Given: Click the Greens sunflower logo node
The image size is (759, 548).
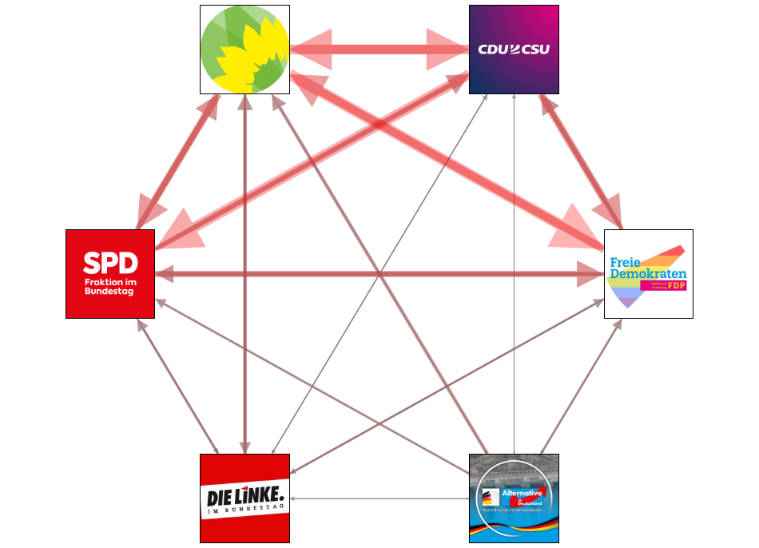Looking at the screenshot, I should pos(244,50).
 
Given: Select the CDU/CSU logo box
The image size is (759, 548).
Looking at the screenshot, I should pos(514,50).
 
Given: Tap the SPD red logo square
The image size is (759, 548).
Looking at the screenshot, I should pos(110,274).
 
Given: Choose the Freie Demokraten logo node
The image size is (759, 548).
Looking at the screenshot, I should pos(648,274).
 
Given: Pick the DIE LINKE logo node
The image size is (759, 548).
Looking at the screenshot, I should pos(244,498).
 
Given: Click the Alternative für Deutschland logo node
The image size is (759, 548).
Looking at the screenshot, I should pos(514,498).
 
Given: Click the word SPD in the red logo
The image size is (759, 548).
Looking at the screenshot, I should pos(110,263).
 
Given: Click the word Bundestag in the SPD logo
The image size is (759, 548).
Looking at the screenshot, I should pos(109,292).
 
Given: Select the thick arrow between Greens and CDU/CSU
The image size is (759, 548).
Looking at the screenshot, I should pos(379,50).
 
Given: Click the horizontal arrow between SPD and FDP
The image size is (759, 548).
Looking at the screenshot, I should pos(379,274).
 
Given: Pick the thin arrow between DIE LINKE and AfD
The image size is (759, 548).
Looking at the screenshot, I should pos(379,498).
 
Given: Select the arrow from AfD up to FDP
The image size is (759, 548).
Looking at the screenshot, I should pos(582,387).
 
